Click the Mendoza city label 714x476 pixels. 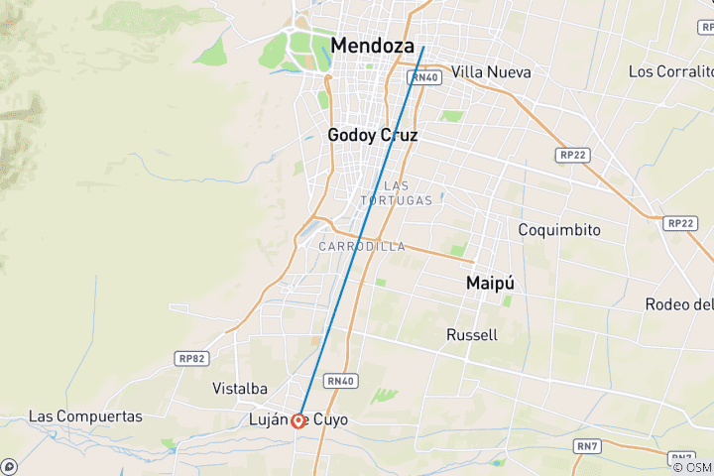click(373, 46)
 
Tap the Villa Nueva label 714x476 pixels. click(491, 72)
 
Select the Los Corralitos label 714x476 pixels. click(671, 71)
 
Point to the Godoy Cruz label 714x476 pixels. click(373, 136)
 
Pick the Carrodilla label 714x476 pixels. click(362, 246)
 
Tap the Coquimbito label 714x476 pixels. click(559, 229)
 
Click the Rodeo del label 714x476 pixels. click(679, 303)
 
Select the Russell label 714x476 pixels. click(472, 334)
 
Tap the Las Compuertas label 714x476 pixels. click(85, 416)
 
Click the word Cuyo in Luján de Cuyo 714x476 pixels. click(332, 420)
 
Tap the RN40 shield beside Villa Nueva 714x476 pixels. click(424, 77)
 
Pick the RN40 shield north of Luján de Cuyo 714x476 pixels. click(339, 380)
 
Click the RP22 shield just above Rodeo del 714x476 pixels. click(680, 223)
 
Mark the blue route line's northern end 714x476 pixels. click(423, 47)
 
